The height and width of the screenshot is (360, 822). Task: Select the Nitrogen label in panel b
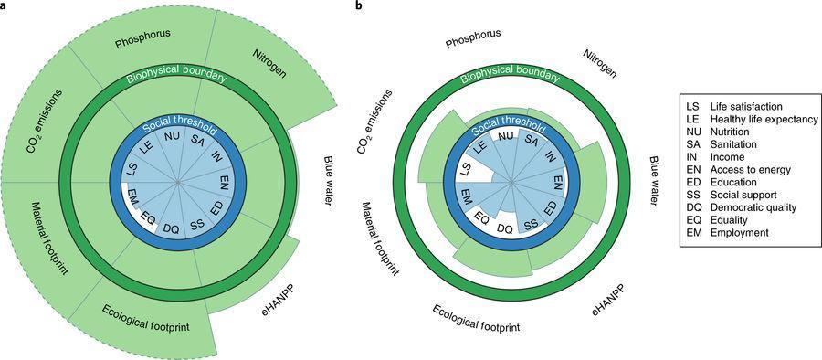point(599,64)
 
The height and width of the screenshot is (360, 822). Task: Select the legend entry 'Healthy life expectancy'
point(764,119)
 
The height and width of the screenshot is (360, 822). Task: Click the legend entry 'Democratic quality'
point(753,207)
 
